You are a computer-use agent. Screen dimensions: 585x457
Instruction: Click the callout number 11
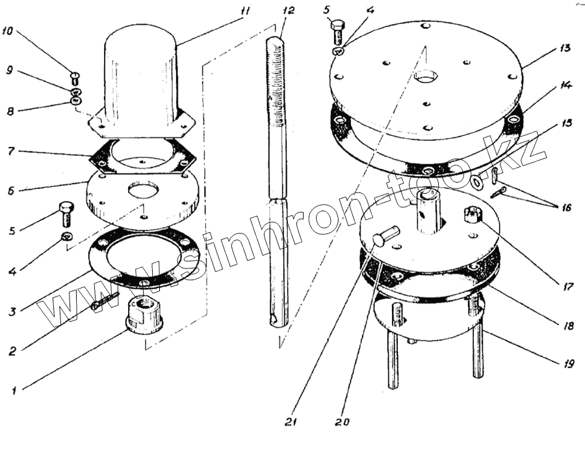tap(244, 10)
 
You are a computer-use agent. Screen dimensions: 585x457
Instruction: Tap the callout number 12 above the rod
tap(288, 10)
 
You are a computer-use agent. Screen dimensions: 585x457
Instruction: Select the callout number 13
tap(564, 47)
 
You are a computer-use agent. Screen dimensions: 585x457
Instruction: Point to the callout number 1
tap(14, 391)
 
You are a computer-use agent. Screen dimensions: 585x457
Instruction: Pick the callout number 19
tap(568, 363)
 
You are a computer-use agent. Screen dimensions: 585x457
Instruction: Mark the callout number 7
tap(11, 151)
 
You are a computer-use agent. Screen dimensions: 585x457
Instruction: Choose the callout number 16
tap(566, 207)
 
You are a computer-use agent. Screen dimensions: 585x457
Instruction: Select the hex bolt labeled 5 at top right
tap(337, 31)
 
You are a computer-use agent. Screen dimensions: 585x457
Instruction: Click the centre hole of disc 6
tap(142, 189)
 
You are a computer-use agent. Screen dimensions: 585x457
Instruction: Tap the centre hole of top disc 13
tap(424, 77)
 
